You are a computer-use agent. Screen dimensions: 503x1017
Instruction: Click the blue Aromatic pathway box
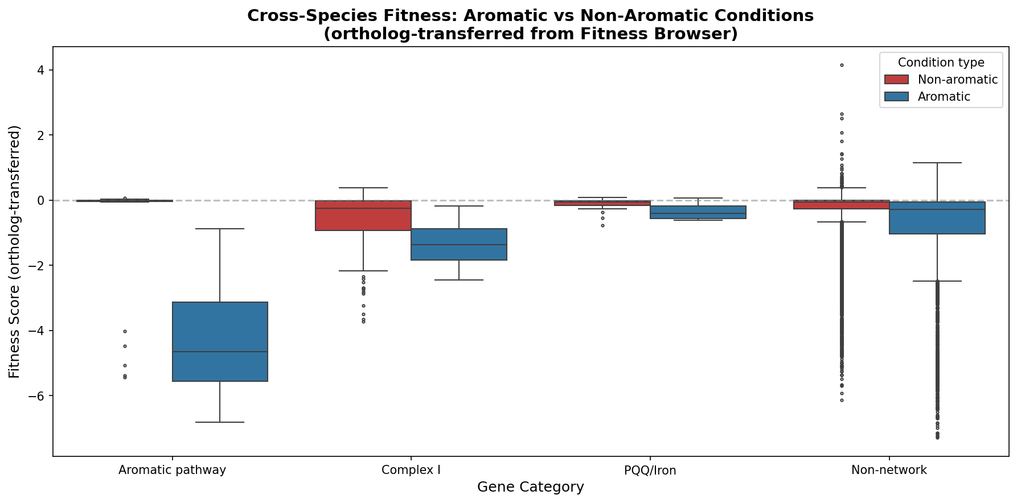[x=220, y=341]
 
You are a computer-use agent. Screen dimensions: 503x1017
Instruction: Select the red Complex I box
[x=363, y=216]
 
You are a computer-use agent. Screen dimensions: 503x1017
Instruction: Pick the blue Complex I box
[x=459, y=244]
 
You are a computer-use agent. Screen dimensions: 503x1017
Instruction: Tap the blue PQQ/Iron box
[x=698, y=212]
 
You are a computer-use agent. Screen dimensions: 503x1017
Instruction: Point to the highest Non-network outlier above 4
[x=842, y=65]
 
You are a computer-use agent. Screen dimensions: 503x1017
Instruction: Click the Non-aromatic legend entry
[x=957, y=80]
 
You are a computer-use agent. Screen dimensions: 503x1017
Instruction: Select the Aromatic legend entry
[x=944, y=97]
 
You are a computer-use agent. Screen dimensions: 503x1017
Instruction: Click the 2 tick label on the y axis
[x=40, y=135]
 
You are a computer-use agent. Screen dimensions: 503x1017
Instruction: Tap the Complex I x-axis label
[x=411, y=470]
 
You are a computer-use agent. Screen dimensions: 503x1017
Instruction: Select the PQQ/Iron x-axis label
[x=650, y=470]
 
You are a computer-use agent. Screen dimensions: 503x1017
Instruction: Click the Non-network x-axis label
[x=889, y=470]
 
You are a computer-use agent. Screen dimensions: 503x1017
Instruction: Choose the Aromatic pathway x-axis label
[x=172, y=470]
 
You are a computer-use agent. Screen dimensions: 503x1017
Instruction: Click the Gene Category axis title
[x=530, y=487]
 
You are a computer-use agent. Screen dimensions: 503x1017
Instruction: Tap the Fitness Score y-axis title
[x=15, y=251]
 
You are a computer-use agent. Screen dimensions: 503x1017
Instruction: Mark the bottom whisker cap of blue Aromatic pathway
[x=220, y=422]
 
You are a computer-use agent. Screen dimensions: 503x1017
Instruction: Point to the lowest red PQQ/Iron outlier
[x=602, y=226]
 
